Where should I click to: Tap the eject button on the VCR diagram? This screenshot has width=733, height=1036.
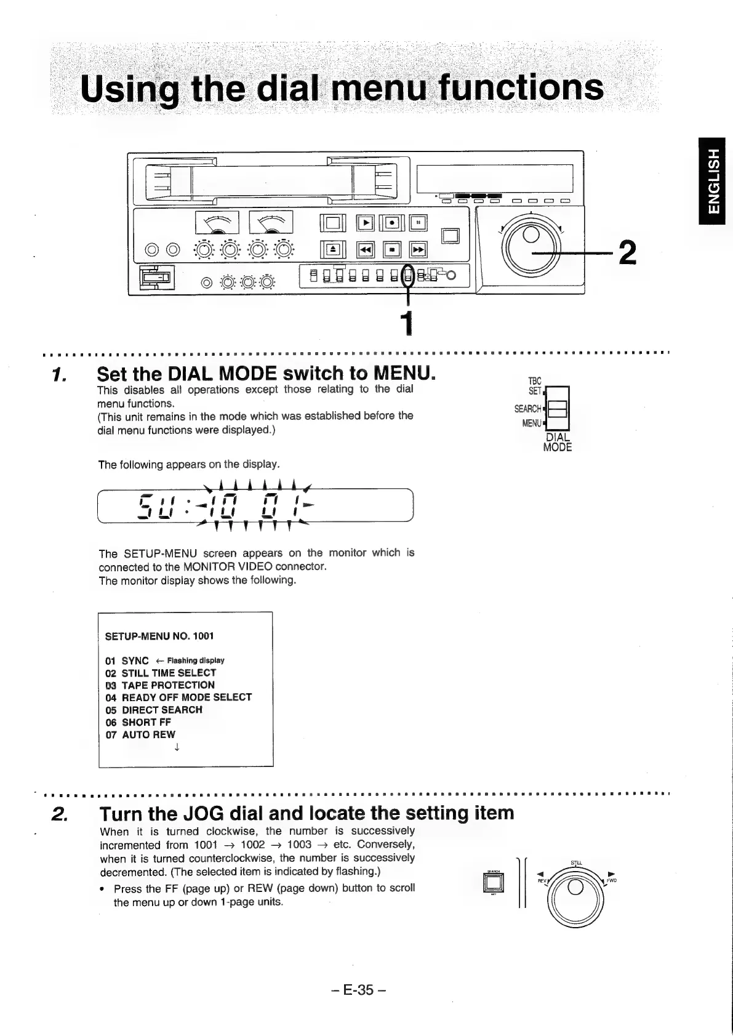(x=332, y=249)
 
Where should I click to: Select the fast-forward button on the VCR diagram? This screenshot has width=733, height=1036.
(x=418, y=249)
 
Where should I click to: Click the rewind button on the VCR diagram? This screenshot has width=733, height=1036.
(x=366, y=249)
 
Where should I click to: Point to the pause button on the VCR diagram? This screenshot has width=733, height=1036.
(x=418, y=222)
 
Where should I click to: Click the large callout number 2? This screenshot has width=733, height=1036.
(x=627, y=252)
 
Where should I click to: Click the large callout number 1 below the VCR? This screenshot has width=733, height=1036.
(x=406, y=323)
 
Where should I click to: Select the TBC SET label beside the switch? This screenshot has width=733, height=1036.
(x=535, y=386)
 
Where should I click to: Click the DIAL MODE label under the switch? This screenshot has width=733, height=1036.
(x=558, y=442)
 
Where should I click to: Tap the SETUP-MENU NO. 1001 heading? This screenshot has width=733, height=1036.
(x=159, y=636)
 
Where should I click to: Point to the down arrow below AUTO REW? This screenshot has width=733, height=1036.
(x=177, y=748)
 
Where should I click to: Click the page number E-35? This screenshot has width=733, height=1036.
(x=358, y=990)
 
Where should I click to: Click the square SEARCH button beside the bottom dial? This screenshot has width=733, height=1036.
(x=494, y=884)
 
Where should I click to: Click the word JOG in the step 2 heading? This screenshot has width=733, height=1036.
(x=206, y=814)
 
